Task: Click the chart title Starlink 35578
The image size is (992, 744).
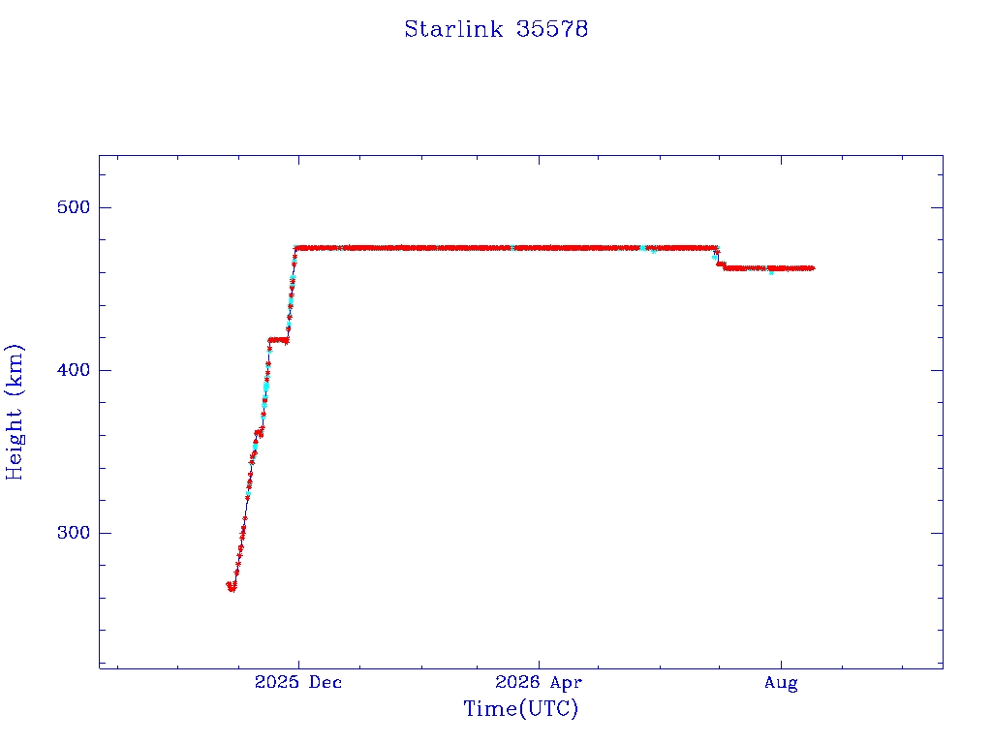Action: coord(496,29)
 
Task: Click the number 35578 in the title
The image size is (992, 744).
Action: coord(551,29)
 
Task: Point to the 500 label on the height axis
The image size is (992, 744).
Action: coord(74,207)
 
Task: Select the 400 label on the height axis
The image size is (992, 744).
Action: coord(74,370)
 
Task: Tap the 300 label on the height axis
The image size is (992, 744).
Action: coord(74,533)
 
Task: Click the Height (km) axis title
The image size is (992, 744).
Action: coord(14,412)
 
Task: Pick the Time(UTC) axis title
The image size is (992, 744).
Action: coord(520,708)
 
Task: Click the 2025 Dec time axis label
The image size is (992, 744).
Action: coord(298,682)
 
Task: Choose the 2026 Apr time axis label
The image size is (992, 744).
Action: coord(539,682)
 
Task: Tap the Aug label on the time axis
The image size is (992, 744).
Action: coord(781,683)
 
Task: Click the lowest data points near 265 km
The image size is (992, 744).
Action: coord(232,587)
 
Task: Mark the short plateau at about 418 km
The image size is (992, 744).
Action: coord(278,340)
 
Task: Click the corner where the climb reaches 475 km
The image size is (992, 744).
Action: coord(295,248)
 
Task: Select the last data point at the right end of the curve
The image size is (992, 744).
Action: coord(813,268)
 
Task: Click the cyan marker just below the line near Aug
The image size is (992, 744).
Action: coord(771,272)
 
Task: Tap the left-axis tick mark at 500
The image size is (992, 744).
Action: coord(105,207)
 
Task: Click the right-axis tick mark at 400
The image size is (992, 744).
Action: coord(937,370)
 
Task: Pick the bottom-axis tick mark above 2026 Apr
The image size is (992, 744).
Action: coord(539,663)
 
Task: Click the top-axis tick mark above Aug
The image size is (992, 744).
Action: coord(781,161)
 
